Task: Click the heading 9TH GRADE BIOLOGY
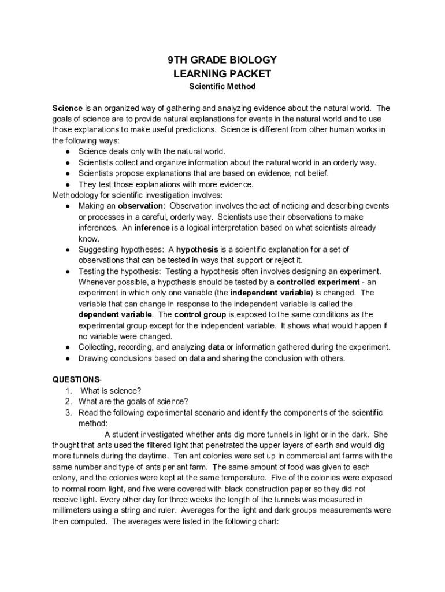222,60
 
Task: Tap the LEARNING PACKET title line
222,74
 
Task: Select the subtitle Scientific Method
222,87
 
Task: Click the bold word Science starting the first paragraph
68,108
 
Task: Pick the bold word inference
152,228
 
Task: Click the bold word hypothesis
196,250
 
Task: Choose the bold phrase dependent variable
115,314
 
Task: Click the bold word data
215,347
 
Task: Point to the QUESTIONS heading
77,380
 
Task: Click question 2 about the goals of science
133,402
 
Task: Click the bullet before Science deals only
68,151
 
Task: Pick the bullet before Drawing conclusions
68,358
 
